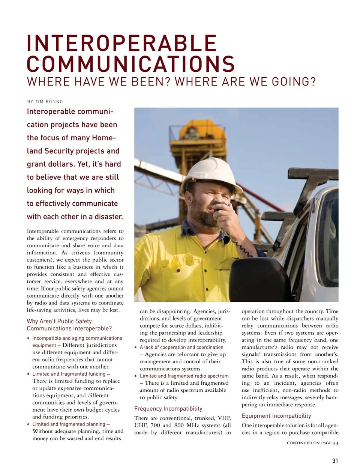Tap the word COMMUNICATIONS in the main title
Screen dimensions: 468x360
click(x=130, y=63)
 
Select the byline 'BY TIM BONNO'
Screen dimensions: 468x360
click(x=45, y=102)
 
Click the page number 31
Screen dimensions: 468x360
click(x=335, y=461)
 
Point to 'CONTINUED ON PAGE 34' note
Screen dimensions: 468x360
click(x=312, y=443)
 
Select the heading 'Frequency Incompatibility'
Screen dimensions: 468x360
click(x=168, y=408)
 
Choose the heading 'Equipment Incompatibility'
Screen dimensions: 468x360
click(x=276, y=416)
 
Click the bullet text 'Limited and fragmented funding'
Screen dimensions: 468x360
click(x=69, y=374)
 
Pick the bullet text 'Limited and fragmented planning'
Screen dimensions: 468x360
click(x=69, y=424)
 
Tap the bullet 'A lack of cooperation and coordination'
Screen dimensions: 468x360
click(x=181, y=347)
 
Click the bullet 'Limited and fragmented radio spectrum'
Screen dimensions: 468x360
click(x=184, y=376)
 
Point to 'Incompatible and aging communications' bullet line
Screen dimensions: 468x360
click(x=77, y=338)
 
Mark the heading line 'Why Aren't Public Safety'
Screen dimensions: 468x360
click(x=59, y=321)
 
